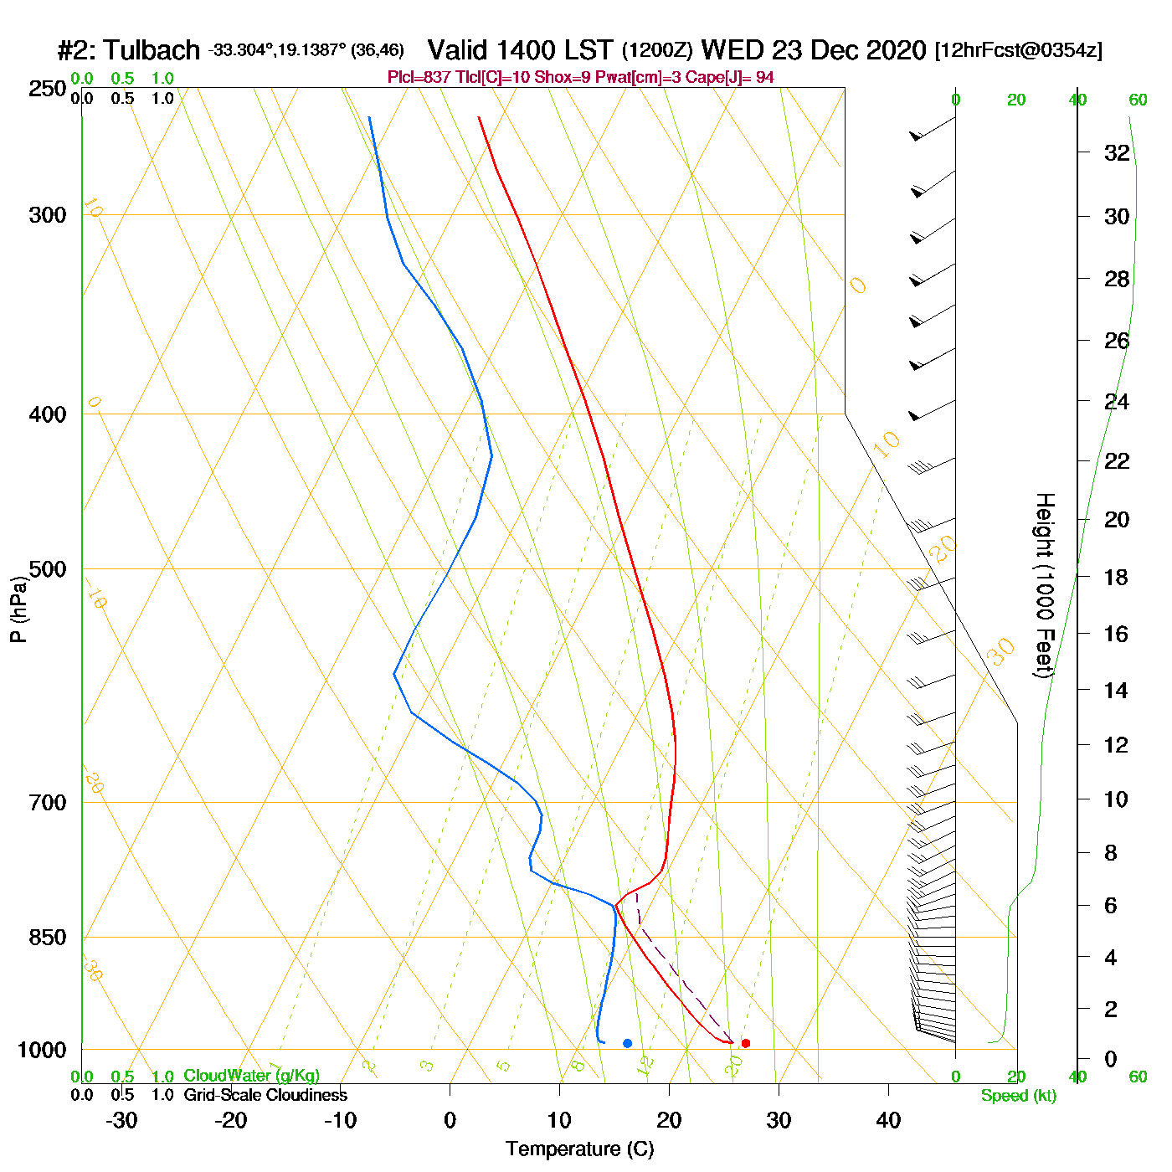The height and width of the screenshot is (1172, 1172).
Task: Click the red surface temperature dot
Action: (746, 1043)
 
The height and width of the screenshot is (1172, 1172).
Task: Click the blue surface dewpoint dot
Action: (627, 1043)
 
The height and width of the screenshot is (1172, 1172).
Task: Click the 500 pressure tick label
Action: (48, 569)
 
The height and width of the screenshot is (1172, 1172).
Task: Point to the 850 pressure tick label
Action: (48, 938)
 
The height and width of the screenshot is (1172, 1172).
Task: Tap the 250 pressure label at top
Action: (48, 89)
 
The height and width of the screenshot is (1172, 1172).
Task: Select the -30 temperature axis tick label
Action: (121, 1120)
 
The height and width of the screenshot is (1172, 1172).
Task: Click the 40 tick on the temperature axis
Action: (888, 1120)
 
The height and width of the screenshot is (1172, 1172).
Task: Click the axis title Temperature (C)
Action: (579, 1149)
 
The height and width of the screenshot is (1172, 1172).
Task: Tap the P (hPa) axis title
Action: (18, 609)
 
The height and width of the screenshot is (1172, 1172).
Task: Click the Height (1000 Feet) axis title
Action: (1045, 585)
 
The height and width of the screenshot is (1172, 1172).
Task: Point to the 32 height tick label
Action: (1117, 152)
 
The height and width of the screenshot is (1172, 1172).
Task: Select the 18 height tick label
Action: (1117, 577)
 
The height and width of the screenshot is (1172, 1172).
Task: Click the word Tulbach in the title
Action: (152, 50)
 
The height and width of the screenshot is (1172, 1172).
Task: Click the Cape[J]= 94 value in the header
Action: (738, 78)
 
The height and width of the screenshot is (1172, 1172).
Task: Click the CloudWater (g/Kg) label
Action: (251, 1076)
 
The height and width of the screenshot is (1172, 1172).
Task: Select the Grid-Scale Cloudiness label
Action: (265, 1095)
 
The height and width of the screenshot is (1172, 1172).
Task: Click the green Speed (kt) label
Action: (1019, 1096)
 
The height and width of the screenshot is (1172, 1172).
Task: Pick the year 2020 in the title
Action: (896, 50)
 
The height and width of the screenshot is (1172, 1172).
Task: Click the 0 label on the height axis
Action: (1110, 1059)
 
